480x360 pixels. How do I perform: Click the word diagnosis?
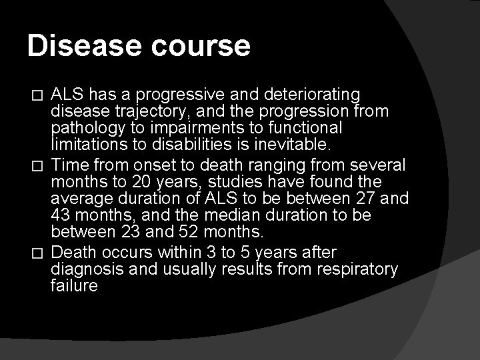[x=85, y=269]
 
